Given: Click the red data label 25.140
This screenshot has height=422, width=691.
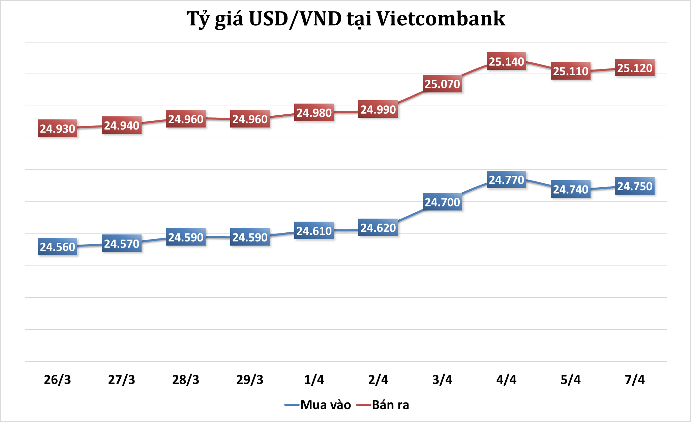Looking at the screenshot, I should coord(506,61).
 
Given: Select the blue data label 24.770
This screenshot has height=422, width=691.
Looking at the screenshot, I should coord(506,180).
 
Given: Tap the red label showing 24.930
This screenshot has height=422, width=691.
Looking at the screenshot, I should coord(57,129).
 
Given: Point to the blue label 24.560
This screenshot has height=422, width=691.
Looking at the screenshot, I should coord(57,247).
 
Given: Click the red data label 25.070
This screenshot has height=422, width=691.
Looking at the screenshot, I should coord(442,84).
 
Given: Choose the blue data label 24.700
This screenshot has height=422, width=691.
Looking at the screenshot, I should coord(442,202).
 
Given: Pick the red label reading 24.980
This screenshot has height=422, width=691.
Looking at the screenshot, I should coord(314,113).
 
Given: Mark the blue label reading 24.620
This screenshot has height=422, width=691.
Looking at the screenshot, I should coord(378,228).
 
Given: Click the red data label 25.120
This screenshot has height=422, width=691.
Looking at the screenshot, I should coord(635,68).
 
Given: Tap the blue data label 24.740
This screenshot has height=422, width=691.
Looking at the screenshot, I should coord(571,189).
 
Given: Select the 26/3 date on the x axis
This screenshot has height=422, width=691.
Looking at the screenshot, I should coord(57,379).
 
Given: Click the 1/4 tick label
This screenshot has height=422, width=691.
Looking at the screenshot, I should coord(314,379).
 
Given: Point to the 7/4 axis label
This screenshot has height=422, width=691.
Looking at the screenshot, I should coord(635,379).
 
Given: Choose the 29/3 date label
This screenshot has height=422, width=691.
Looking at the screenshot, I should coord(250,379).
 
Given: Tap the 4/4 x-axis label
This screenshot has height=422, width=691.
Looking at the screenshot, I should coord(506,379).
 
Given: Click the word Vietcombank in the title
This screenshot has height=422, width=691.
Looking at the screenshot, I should coord(441,19).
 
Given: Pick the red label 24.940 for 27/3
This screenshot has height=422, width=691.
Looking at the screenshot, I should coord(121,125).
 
